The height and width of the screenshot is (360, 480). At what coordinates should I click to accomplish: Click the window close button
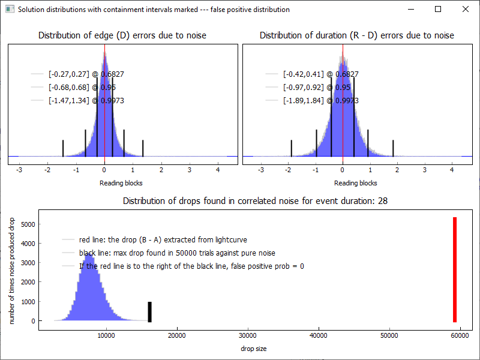pyautogui.click(x=466, y=9)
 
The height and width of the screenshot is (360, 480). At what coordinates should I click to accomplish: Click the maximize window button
pyautogui.click(x=438, y=9)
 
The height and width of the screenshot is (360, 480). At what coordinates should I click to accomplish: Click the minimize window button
pyautogui.click(x=410, y=9)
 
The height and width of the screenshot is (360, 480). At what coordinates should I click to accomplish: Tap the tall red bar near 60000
pyautogui.click(x=455, y=270)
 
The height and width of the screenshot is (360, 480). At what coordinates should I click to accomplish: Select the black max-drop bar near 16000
pyautogui.click(x=150, y=311)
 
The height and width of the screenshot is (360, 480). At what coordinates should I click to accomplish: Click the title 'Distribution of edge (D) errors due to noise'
pyautogui.click(x=122, y=35)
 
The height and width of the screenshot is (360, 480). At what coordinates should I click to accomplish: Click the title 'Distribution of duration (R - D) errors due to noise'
pyautogui.click(x=357, y=35)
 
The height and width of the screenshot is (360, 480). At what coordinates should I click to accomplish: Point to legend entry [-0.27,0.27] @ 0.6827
pyautogui.click(x=86, y=74)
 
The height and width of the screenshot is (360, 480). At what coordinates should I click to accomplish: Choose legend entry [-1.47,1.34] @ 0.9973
pyautogui.click(x=86, y=101)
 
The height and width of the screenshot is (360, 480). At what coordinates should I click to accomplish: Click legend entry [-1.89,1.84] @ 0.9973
pyautogui.click(x=320, y=101)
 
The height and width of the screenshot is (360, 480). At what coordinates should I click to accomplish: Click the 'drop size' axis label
pyautogui.click(x=253, y=349)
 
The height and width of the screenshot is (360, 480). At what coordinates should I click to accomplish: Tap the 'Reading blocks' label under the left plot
pyautogui.click(x=121, y=183)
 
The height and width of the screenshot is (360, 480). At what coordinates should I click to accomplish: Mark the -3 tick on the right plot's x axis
pyautogui.click(x=260, y=170)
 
